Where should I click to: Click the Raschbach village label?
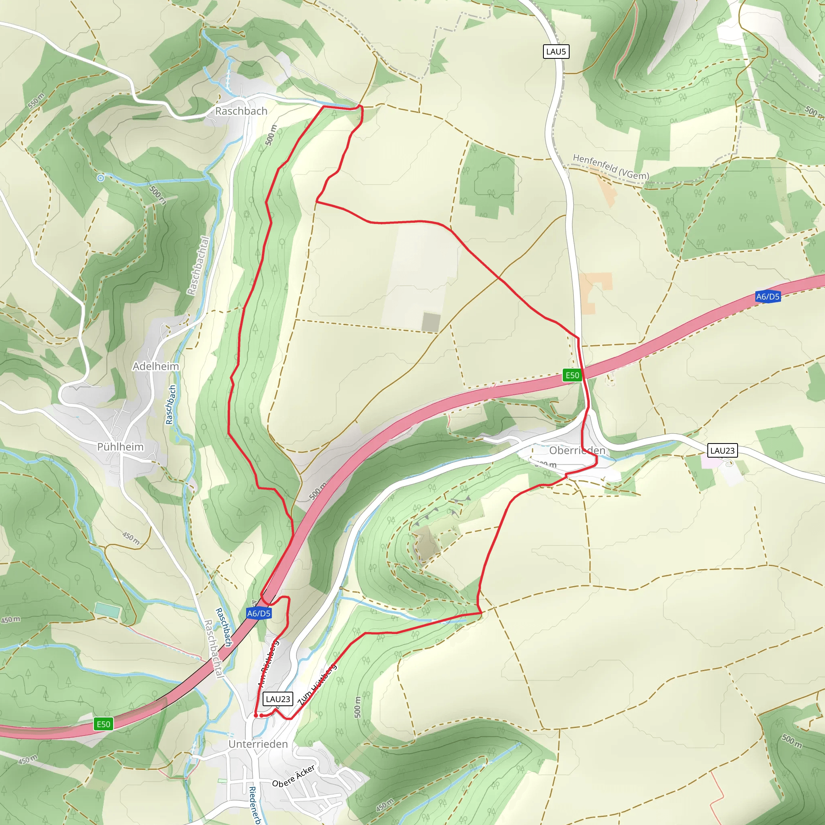coord(241,111)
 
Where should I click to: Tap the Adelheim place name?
coord(155,367)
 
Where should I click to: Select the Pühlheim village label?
coord(120,447)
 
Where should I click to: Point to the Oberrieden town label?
coord(577,450)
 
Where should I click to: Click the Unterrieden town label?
coord(258,744)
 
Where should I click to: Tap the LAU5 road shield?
coord(556,52)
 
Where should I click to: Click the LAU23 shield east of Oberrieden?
coord(722,450)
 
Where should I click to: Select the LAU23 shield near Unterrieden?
coord(278,699)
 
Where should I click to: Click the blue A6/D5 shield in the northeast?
coord(767,296)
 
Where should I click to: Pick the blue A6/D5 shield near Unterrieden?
coord(259,613)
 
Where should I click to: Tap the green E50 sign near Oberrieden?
coord(572,375)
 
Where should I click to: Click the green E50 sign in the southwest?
coord(104,724)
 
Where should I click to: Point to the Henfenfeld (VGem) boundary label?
coord(611,167)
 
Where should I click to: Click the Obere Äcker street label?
coord(294,776)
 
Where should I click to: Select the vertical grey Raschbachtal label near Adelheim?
coord(199,265)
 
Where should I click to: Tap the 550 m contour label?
coord(36,101)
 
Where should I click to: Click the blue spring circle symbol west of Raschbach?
coord(100,178)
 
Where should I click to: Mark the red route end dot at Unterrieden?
coord(256,715)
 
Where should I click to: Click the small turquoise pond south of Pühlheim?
coord(107,610)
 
